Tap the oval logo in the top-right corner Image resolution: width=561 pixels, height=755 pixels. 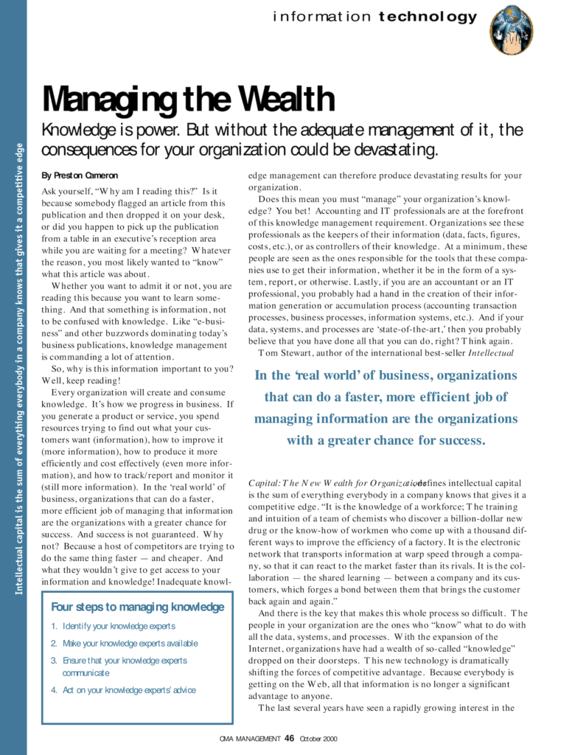click(512, 29)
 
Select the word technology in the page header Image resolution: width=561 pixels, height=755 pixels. click(428, 17)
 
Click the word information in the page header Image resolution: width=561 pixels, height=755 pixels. click(321, 17)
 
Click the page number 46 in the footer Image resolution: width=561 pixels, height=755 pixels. click(290, 738)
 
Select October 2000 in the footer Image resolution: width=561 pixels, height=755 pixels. click(318, 739)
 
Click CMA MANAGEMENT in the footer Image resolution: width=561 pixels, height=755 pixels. click(250, 739)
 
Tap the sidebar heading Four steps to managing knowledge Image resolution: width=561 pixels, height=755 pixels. click(138, 607)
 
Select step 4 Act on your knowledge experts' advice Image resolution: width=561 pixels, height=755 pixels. click(129, 690)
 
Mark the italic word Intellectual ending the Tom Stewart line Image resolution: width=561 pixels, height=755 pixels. click(495, 352)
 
